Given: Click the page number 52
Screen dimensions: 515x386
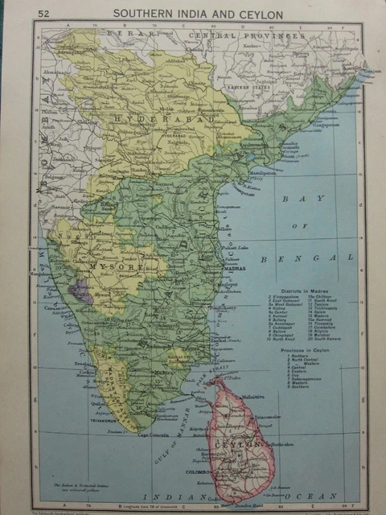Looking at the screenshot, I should tap(43, 13).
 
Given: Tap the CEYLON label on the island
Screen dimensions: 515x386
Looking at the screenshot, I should tap(244, 444).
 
